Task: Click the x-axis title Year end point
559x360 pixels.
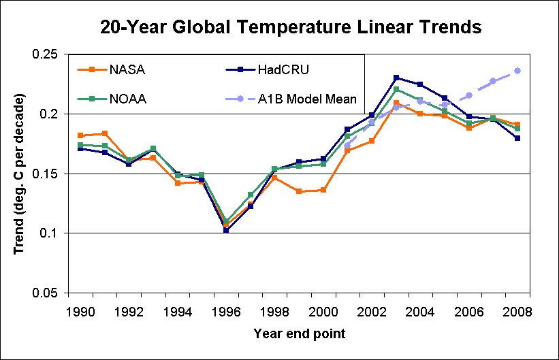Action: [299, 334]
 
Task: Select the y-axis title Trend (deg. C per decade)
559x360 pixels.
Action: [20, 174]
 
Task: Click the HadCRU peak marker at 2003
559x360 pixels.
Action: [396, 78]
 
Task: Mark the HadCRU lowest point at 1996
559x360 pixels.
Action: [226, 230]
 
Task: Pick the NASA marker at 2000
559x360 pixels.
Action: [323, 190]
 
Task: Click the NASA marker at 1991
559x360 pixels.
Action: [105, 133]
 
